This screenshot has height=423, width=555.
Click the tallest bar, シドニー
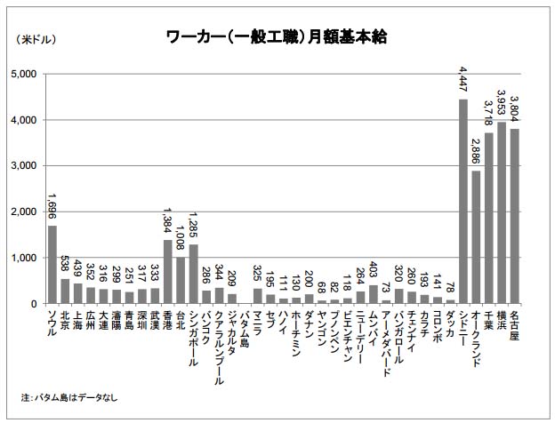463,202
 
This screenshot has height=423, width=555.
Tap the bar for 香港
167,272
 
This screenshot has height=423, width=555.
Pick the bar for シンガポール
193,275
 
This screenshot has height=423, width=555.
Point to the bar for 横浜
502,213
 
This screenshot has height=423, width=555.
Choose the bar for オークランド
476,237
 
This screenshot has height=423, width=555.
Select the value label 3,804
514,111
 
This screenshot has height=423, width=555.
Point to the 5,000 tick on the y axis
24,74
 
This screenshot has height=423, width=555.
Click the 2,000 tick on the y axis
24,211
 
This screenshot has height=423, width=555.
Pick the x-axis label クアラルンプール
219,343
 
